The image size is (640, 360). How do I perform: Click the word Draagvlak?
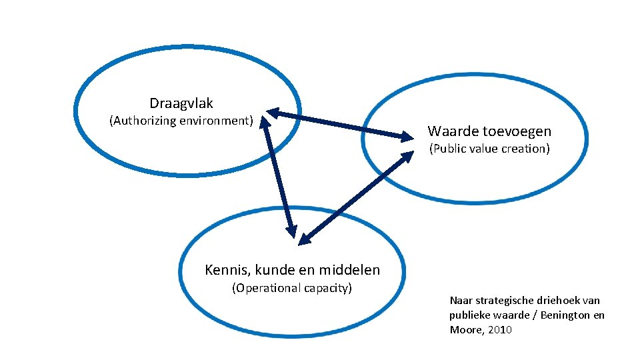(181, 103)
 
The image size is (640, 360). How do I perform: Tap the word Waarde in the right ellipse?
(451, 131)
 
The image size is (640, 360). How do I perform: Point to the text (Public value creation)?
(489, 149)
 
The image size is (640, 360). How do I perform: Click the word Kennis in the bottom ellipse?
(225, 270)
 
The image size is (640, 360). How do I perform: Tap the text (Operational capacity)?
(291, 288)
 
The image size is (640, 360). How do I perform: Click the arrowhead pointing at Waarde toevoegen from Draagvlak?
(405, 137)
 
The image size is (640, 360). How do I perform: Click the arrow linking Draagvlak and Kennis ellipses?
(277, 177)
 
